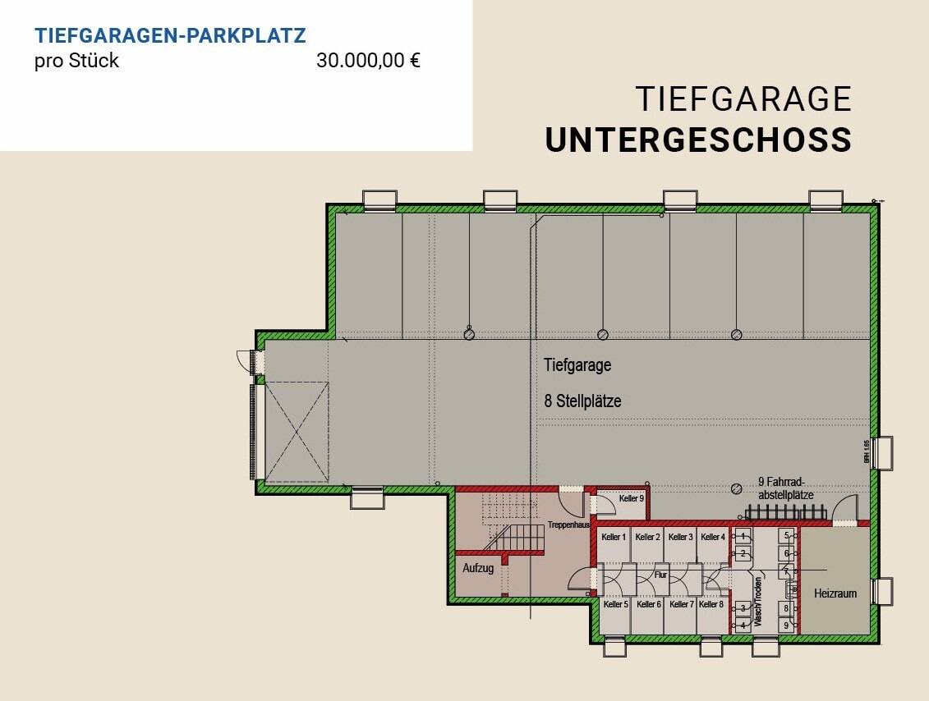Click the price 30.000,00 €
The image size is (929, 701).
[x=368, y=61]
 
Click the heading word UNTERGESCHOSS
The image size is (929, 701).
[x=698, y=140]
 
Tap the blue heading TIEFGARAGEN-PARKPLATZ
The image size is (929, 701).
[x=170, y=36]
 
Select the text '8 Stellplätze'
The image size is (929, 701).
[x=582, y=401]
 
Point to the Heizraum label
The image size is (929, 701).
[x=835, y=593]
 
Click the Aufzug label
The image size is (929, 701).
[x=478, y=568]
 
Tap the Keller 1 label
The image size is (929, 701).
[x=614, y=538]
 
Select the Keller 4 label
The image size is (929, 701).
[x=712, y=538]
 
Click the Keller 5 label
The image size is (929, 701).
[x=615, y=604]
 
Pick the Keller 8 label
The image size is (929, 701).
[x=711, y=604]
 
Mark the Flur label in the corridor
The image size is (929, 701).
[x=662, y=575]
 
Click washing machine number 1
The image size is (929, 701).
[x=743, y=536]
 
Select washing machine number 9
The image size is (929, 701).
[x=786, y=625]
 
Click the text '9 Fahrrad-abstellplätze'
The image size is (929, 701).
[x=785, y=488]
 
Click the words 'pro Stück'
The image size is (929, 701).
[x=76, y=61]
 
